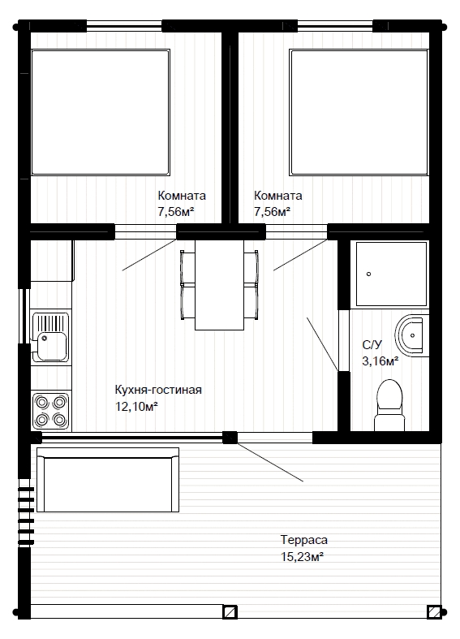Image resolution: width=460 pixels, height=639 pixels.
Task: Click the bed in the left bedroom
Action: coord(101,113)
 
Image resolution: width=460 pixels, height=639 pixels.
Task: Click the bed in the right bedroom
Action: coord(359,113)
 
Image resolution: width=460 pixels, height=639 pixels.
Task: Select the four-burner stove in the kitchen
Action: coord(51,411)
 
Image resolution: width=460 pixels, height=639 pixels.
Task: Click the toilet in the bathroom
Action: coord(389,405)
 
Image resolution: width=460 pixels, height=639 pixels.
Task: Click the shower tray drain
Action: coord(369,274)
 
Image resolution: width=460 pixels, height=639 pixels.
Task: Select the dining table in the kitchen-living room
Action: coord(219,285)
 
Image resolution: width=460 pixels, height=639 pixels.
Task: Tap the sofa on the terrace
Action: coord(108,480)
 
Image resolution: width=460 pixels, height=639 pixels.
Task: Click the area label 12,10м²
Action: coord(137,406)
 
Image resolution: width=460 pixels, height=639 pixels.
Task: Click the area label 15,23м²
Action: coord(302,557)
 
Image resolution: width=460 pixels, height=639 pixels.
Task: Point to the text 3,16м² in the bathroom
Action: coord(380,361)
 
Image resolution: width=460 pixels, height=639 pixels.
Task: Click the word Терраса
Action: coord(304,540)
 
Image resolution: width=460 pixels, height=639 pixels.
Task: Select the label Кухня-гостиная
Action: coord(158,390)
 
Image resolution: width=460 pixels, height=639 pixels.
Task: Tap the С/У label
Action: coord(372,345)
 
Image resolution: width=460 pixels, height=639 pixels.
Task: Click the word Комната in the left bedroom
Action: coord(182,196)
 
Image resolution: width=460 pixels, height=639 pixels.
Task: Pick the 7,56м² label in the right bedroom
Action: coord(272,212)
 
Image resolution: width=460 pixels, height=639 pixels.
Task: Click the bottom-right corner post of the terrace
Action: coord(434,612)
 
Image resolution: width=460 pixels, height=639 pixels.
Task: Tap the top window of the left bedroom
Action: coord(125,26)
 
